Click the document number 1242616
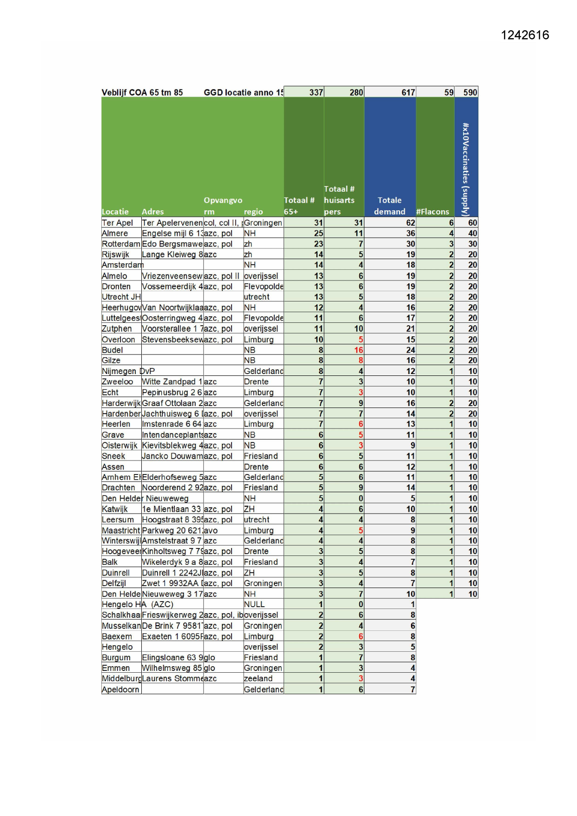[x=524, y=35]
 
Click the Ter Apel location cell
[x=117, y=223]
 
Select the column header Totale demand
[x=389, y=206]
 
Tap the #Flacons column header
[x=432, y=212]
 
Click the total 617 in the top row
[x=408, y=93]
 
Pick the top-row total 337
[x=316, y=93]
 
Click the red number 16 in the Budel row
[x=358, y=350]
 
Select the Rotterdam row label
[x=120, y=244]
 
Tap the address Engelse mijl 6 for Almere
[x=172, y=234]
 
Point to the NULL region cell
[x=254, y=604]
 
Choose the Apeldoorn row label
[x=120, y=689]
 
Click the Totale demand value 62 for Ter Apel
[x=410, y=223]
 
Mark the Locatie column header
[x=115, y=212]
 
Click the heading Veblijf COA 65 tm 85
[x=142, y=93]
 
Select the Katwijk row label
[x=114, y=509]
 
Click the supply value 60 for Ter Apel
[x=472, y=223]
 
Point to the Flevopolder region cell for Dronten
[x=263, y=287]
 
